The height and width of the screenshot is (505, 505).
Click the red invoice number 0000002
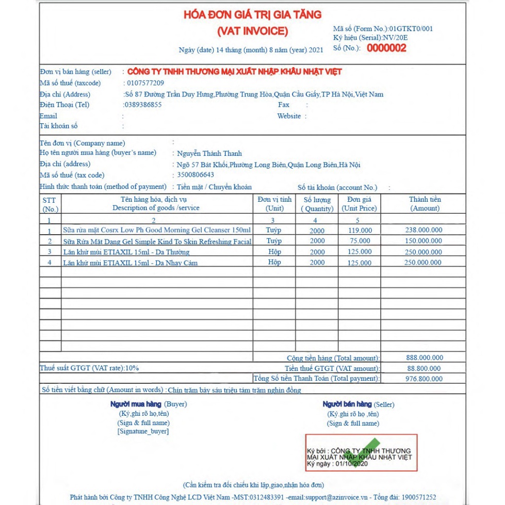click(386, 48)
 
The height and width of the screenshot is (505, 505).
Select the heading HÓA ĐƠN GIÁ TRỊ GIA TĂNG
click(252, 14)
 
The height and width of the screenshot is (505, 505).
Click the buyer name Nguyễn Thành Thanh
click(209, 153)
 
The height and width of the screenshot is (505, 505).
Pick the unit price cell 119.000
click(360, 231)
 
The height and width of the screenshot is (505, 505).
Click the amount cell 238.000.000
click(423, 231)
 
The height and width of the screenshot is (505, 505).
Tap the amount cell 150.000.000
click(423, 241)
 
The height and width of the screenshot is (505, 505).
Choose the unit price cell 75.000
click(360, 241)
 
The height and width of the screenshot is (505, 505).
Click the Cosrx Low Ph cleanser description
click(156, 231)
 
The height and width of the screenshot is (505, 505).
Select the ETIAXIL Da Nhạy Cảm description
click(130, 263)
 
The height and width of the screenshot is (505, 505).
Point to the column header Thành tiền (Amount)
click(425, 204)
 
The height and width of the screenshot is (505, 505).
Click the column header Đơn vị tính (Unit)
click(274, 204)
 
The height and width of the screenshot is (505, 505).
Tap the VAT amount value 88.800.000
click(424, 368)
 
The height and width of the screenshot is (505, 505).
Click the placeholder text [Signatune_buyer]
click(143, 431)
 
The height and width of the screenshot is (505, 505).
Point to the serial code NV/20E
click(396, 38)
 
